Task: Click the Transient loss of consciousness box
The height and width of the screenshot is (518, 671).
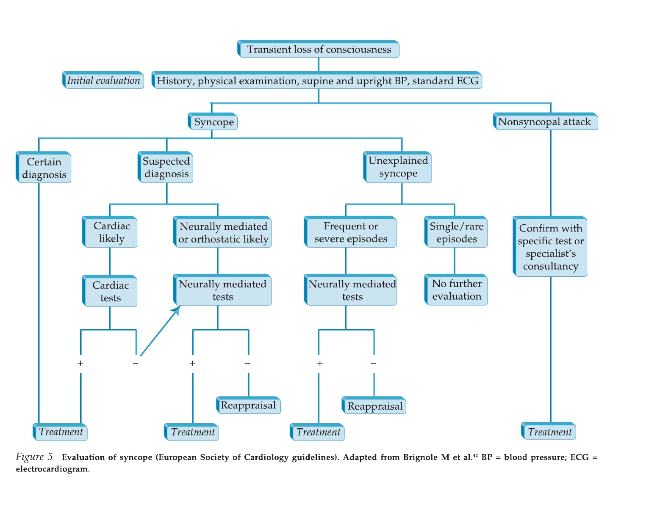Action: [x=319, y=49]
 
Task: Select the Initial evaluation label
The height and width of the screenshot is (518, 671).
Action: [x=103, y=80]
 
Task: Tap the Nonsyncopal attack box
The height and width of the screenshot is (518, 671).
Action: [x=545, y=122]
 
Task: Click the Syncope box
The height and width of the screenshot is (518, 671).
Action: [x=213, y=122]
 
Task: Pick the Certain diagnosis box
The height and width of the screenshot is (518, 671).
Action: [x=44, y=168]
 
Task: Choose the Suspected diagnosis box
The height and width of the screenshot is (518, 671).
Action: [x=166, y=168]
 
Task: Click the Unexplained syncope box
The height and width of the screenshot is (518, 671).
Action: [x=398, y=167]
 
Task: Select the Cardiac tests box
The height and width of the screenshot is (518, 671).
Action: [x=110, y=291]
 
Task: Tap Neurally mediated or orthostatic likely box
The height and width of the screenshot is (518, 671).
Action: [x=223, y=232]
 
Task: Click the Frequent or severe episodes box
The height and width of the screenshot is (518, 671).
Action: [x=351, y=232]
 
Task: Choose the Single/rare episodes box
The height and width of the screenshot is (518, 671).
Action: [x=456, y=232]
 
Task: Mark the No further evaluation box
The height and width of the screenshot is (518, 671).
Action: [x=456, y=290]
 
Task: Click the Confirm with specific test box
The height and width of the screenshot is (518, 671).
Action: [x=550, y=247]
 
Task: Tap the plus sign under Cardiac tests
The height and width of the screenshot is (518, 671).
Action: [x=80, y=363]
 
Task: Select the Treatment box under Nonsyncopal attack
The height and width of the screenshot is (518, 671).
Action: [x=549, y=432]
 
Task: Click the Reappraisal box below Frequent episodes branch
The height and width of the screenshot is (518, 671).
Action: [x=374, y=406]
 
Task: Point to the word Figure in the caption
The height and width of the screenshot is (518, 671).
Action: [x=29, y=457]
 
